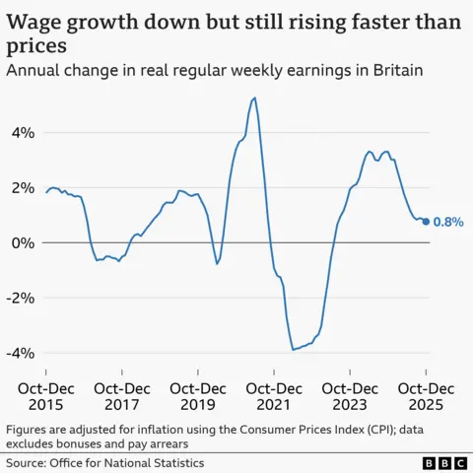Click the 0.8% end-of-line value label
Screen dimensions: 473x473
tap(448, 223)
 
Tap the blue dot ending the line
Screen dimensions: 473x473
tap(426, 222)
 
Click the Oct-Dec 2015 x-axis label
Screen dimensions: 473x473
tap(46, 396)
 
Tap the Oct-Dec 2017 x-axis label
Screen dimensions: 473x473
tap(122, 396)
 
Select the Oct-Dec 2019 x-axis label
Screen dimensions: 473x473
tap(198, 396)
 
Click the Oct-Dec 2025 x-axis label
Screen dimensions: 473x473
tap(425, 396)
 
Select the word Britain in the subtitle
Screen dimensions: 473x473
tap(393, 70)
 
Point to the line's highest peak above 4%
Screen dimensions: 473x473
tap(255, 98)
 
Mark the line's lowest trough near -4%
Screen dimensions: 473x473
tap(293, 350)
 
